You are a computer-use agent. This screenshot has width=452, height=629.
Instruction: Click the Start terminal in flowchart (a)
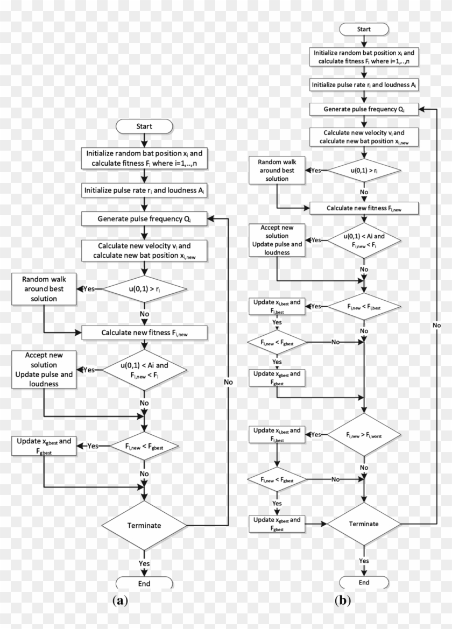(144, 126)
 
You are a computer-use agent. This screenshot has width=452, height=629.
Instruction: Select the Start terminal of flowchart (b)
(364, 29)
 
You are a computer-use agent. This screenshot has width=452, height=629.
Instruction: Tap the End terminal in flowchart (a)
(144, 584)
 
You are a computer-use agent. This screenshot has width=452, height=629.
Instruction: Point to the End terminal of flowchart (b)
(364, 582)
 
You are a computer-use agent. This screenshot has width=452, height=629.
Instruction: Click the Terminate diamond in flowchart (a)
(144, 525)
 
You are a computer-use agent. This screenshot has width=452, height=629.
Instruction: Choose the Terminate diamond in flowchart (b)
(364, 523)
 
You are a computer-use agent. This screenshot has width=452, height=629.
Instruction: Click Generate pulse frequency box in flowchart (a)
(144, 219)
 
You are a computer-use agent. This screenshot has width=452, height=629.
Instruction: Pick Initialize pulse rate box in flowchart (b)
(364, 84)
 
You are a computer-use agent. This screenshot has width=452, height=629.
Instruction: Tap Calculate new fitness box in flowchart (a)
(144, 333)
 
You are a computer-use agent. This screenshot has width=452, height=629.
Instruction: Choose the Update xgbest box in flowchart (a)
(44, 446)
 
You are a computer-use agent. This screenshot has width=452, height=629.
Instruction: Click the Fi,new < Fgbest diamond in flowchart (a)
(144, 446)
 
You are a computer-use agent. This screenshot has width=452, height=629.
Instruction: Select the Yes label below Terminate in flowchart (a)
(144, 563)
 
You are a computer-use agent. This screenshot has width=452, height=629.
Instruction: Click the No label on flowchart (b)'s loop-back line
(436, 326)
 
